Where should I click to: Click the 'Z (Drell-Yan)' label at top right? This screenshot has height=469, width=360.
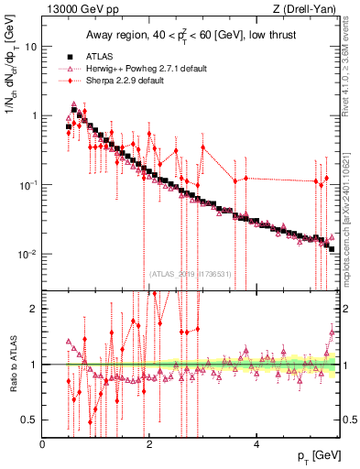pos(308,10)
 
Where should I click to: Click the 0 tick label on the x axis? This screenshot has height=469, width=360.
pos(43,444)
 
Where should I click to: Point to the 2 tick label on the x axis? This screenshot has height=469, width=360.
pos(148,444)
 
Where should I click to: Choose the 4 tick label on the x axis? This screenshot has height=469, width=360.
pos(256,444)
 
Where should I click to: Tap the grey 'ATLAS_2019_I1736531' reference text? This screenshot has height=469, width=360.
pos(191,273)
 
